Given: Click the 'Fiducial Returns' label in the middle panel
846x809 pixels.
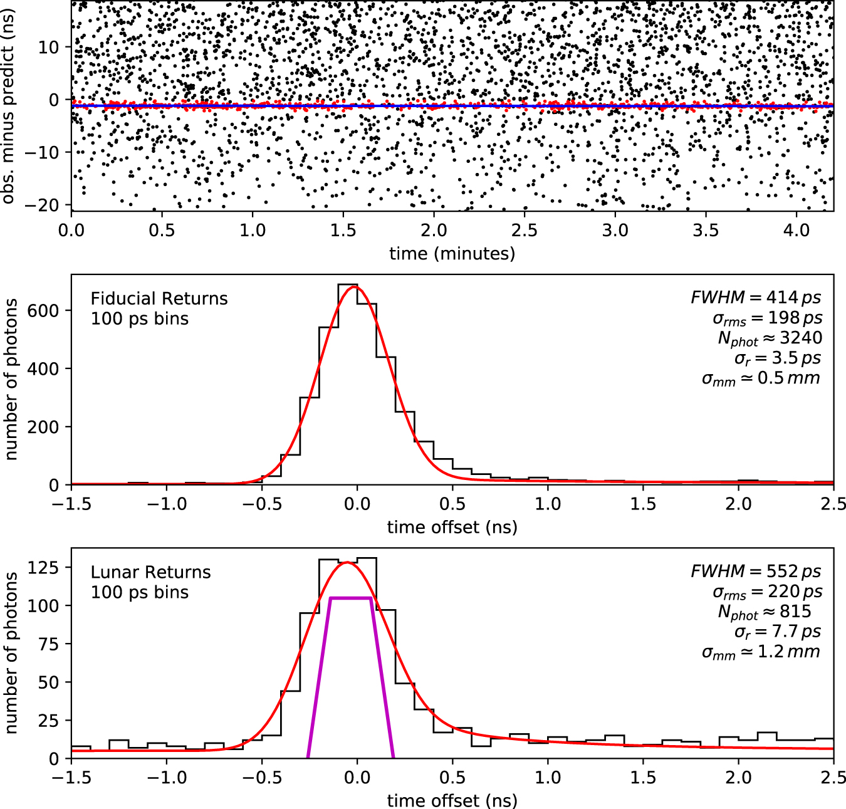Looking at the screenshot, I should [159, 298].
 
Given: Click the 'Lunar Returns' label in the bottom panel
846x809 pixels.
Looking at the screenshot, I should [150, 572].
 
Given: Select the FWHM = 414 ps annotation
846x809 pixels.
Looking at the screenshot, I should [756, 297].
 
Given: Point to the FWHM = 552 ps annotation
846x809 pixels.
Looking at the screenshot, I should [756, 571].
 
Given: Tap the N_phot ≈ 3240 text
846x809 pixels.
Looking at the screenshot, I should [770, 338].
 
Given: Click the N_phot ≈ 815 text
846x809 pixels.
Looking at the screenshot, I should [765, 612].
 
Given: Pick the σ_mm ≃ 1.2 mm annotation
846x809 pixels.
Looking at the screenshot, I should [761, 652].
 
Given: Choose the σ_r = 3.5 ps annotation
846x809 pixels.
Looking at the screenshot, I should [777, 358].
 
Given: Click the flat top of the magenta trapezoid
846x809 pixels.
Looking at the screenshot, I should [351, 598].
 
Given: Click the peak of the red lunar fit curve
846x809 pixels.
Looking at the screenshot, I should [348, 563].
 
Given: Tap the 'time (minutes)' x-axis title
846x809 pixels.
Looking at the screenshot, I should [452, 253].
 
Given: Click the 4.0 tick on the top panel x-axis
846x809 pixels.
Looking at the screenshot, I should [796, 230].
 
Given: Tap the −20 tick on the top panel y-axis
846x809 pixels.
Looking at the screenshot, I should [43, 206].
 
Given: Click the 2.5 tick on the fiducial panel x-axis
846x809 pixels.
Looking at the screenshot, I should [833, 504].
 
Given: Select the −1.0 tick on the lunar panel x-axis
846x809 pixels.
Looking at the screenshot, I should [167, 778].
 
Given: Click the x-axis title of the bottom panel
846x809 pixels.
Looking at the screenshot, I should [452, 800].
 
